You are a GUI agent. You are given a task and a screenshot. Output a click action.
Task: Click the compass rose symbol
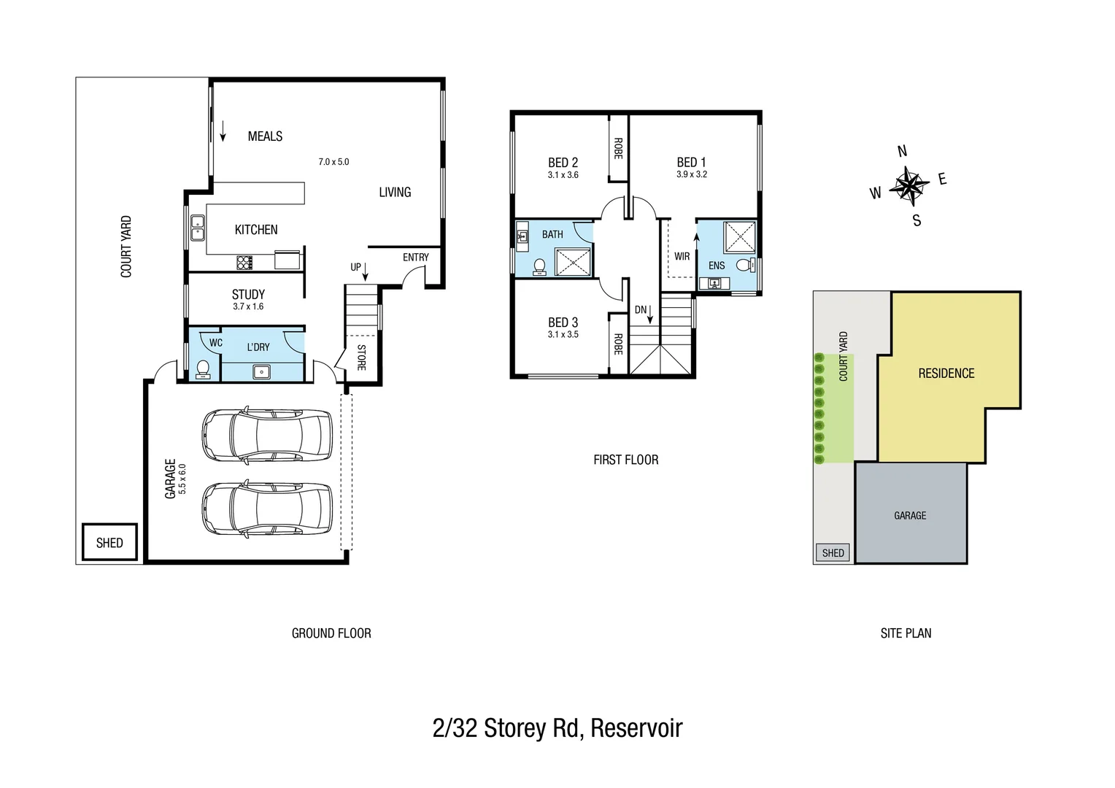[x=908, y=185]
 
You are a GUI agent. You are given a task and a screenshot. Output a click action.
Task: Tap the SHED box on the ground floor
[x=109, y=543]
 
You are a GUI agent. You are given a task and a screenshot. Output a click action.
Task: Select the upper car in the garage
[x=266, y=435]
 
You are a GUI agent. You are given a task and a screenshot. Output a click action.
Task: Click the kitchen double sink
[x=197, y=228]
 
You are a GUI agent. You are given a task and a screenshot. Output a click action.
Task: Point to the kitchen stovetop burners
[x=244, y=261]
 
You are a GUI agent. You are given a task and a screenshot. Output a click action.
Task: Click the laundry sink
[x=261, y=372]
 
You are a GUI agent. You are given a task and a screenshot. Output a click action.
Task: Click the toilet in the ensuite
[x=744, y=265]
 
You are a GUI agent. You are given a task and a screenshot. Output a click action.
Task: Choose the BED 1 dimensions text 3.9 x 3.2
[x=691, y=174]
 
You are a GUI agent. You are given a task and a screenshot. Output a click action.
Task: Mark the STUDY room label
[x=248, y=295]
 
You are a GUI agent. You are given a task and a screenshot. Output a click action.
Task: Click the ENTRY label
[x=416, y=258]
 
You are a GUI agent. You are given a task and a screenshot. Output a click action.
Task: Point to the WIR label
[x=682, y=257]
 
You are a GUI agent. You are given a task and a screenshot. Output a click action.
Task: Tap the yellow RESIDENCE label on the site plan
[x=946, y=374]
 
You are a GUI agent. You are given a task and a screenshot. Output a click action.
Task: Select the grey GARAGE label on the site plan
[x=910, y=516]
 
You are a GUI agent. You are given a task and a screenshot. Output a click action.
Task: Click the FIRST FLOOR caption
[x=625, y=460]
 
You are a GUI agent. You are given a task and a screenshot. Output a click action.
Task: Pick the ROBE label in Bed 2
[x=618, y=149]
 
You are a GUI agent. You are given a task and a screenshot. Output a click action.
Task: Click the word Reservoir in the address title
[x=636, y=728]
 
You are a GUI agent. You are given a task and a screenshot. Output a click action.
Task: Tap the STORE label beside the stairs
[x=361, y=357]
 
